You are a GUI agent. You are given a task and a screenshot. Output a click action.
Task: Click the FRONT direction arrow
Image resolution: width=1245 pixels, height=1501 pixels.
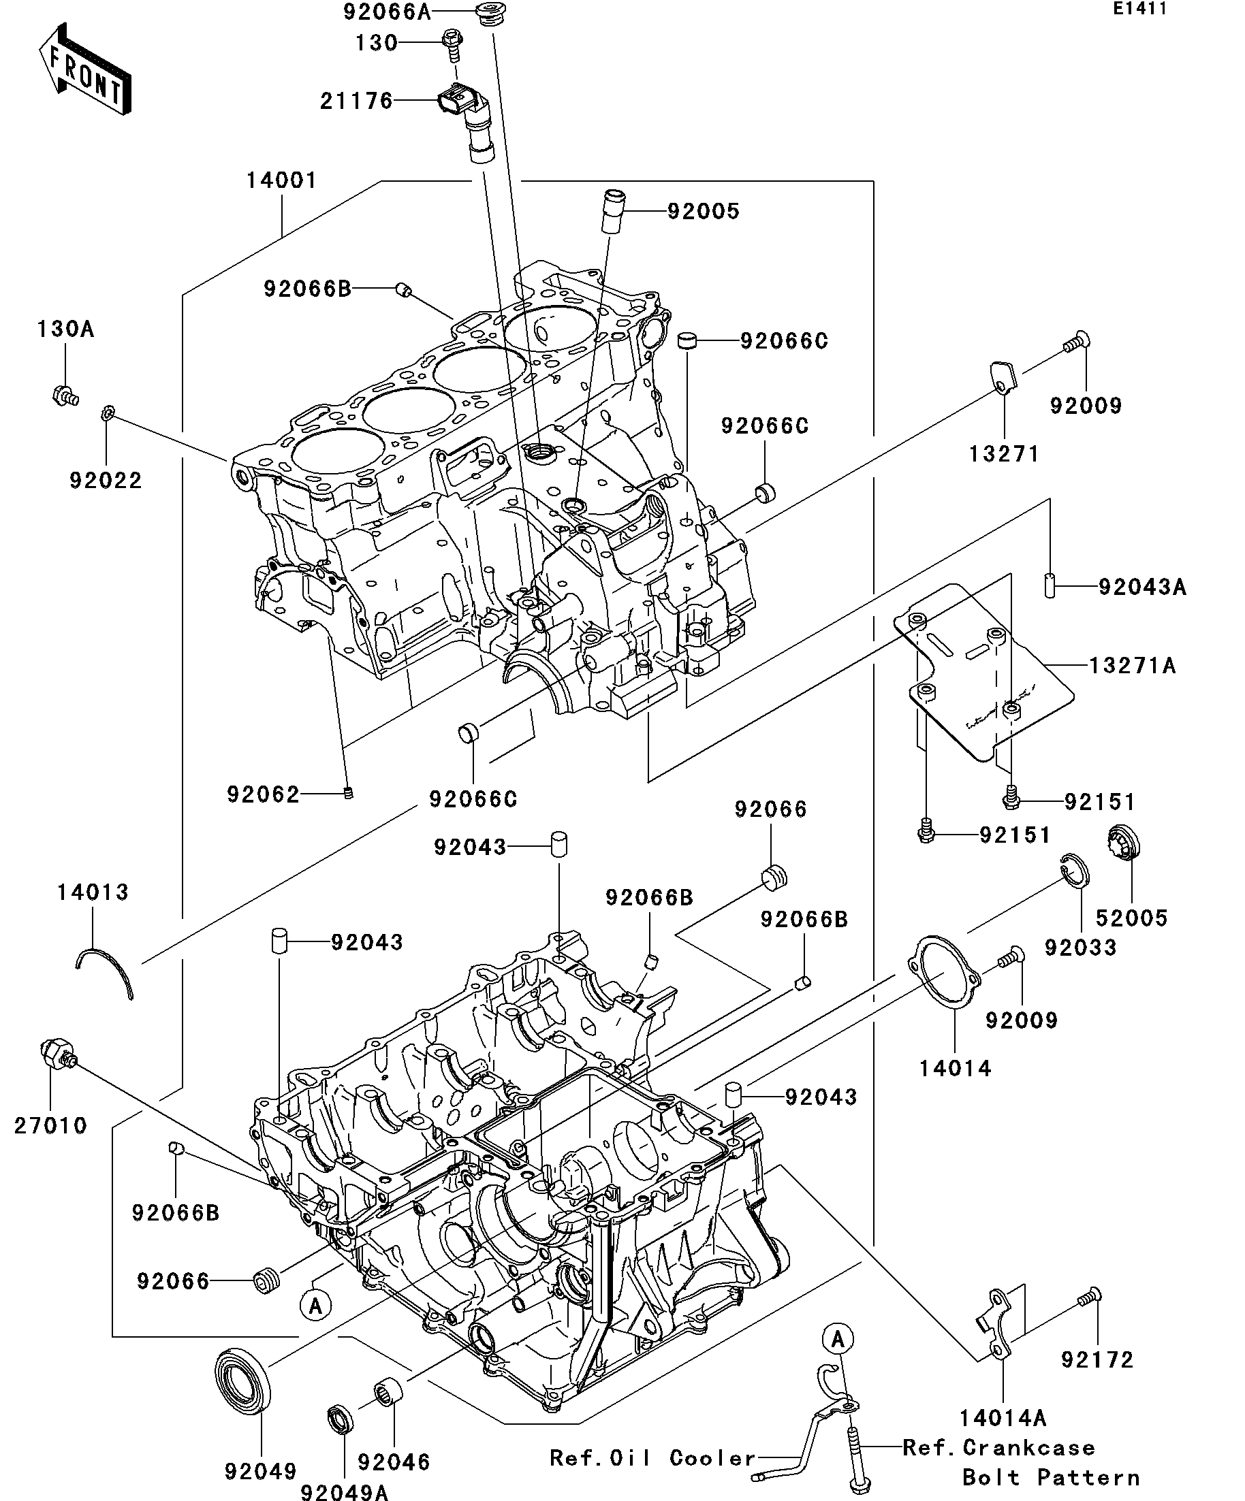(x=84, y=70)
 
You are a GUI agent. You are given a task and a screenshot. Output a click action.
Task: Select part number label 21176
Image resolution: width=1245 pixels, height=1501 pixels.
(x=356, y=101)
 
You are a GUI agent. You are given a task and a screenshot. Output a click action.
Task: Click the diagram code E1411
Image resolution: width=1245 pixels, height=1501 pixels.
(x=1140, y=9)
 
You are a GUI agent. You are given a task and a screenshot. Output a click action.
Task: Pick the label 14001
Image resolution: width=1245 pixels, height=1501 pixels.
(x=282, y=180)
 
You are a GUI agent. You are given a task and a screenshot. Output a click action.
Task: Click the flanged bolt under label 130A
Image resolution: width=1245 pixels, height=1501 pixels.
(x=65, y=395)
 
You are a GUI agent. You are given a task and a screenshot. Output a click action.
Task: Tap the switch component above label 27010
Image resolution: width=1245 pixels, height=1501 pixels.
(x=55, y=1054)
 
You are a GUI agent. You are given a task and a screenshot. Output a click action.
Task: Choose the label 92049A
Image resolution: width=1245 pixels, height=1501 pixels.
(x=344, y=1491)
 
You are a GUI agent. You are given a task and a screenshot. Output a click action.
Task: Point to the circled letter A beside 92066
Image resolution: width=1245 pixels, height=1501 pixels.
(x=315, y=1306)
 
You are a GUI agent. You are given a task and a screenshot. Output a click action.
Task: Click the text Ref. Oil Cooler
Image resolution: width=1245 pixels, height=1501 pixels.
(x=652, y=1458)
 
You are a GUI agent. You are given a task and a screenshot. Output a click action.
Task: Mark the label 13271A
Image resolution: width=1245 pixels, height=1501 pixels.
(x=1132, y=666)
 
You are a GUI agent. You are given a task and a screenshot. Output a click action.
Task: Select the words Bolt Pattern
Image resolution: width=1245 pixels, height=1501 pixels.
(x=1050, y=1476)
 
